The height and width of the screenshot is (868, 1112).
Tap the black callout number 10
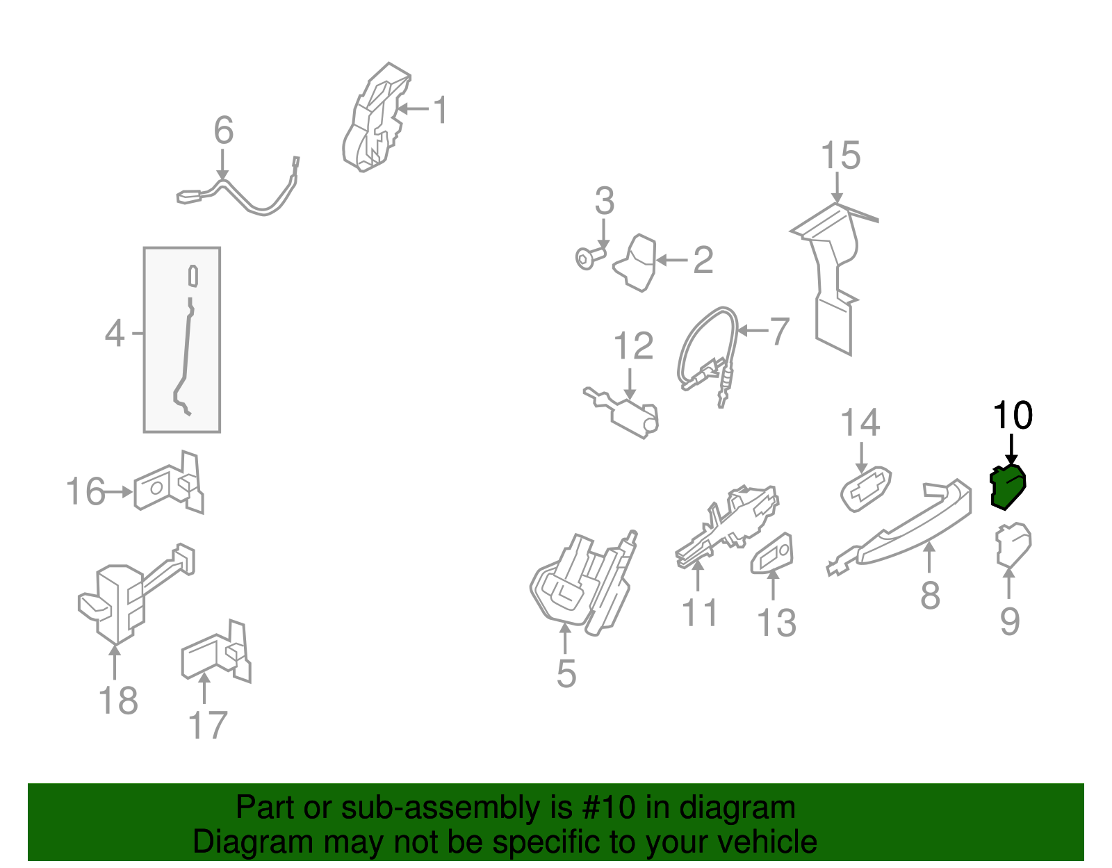pyautogui.click(x=1013, y=416)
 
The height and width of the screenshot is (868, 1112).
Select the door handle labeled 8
pyautogui.click(x=910, y=525)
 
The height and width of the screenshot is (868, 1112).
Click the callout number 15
pyautogui.click(x=840, y=156)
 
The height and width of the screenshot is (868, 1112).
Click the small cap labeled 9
pyautogui.click(x=1013, y=545)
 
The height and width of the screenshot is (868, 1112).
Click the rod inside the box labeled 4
pyautogui.click(x=186, y=347)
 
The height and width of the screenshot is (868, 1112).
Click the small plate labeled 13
pyautogui.click(x=774, y=555)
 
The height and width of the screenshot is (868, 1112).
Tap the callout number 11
pyautogui.click(x=699, y=613)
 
